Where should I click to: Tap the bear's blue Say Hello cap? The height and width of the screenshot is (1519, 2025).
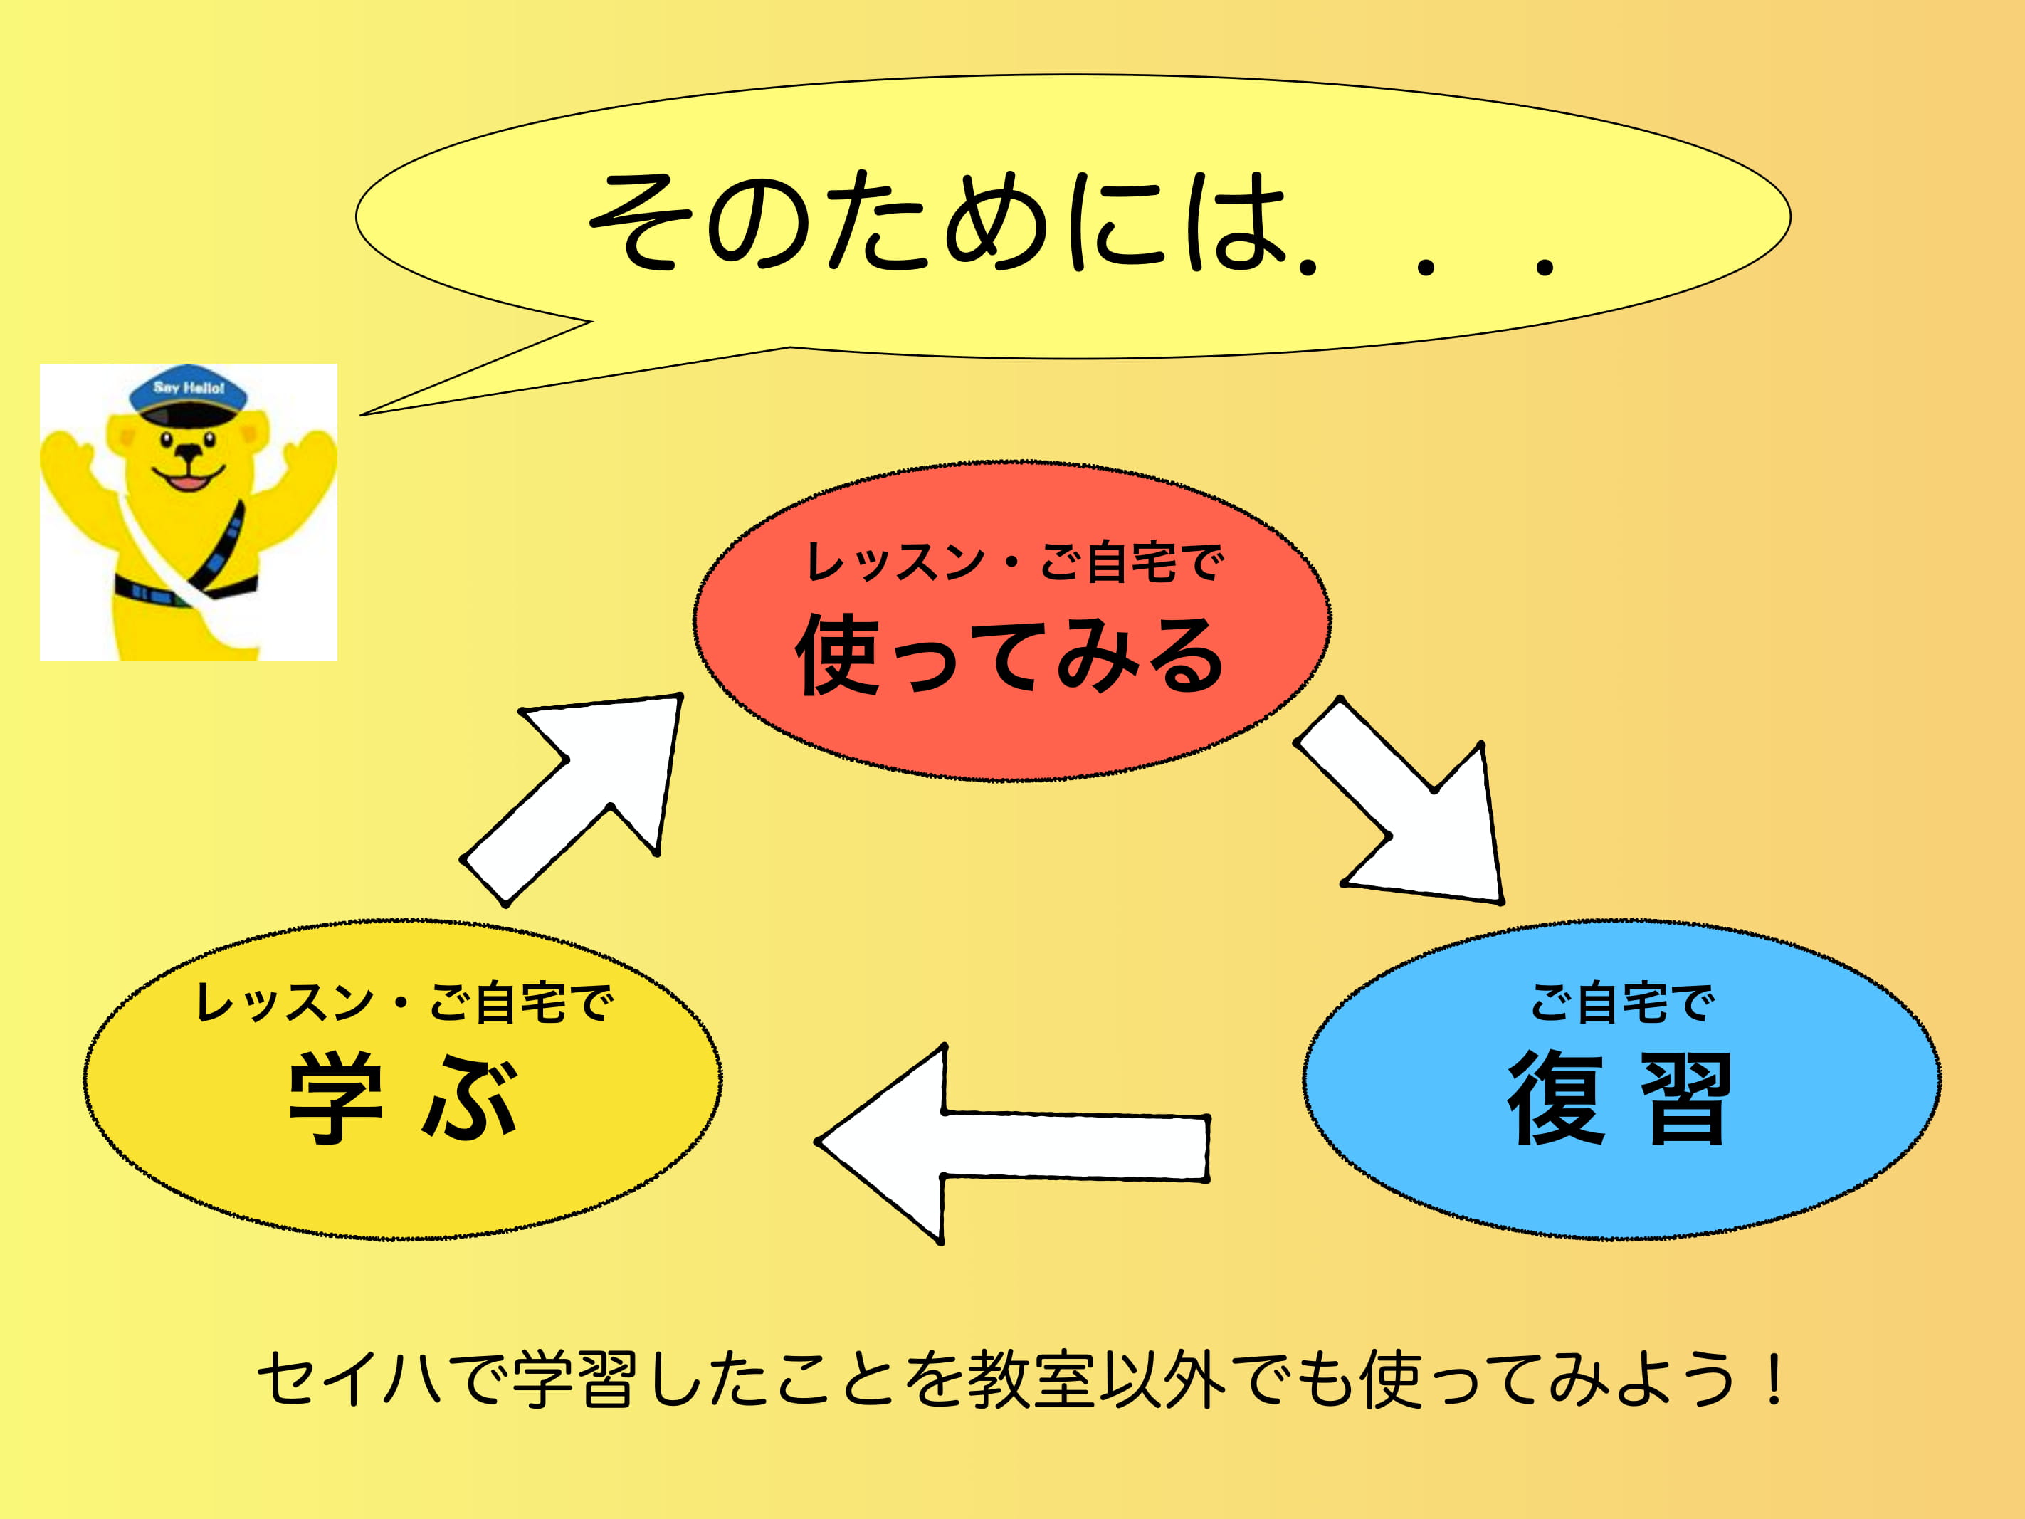point(189,394)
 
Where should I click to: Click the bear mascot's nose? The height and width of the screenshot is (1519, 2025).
point(189,451)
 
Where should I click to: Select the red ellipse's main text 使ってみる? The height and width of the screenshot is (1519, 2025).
point(1010,655)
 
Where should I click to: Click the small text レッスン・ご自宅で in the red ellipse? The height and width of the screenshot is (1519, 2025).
point(1014,562)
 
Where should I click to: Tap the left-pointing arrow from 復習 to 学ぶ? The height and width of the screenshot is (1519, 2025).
point(1011,1145)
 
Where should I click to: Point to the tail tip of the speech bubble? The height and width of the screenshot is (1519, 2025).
point(361,415)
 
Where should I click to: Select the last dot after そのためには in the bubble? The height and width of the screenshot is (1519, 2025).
point(1545,266)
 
